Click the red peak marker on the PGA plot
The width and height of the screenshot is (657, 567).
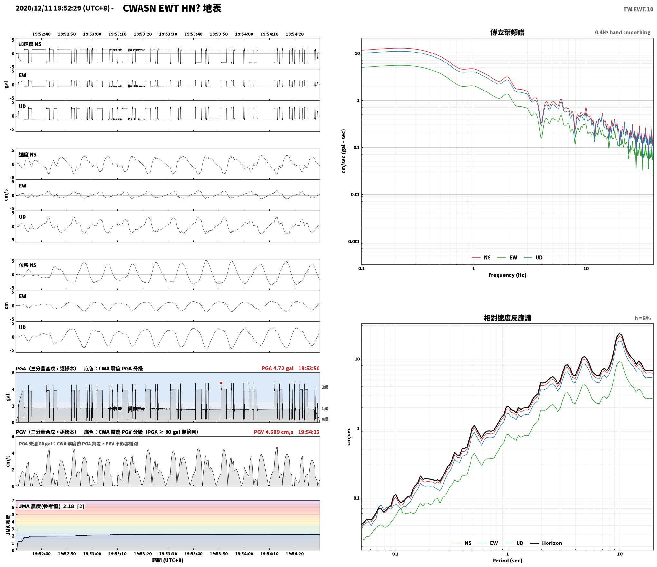221,383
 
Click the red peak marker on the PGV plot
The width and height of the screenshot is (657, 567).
277,448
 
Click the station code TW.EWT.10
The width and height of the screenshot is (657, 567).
638,9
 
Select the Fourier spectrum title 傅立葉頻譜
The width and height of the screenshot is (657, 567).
507,33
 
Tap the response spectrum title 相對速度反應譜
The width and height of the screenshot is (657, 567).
507,318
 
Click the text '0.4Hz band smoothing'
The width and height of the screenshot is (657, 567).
623,33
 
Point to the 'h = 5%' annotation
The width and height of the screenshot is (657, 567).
643,318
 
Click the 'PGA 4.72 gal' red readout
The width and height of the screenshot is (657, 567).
278,368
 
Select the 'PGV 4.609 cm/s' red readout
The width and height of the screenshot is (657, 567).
273,432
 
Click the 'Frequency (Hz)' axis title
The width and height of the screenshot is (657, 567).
507,275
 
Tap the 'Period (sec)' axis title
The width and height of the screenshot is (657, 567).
507,561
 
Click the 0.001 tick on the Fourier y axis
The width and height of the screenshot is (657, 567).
354,242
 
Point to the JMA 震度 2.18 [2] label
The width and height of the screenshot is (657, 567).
52,506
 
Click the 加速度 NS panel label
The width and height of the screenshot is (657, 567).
30,44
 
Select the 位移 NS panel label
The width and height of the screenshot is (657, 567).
28,265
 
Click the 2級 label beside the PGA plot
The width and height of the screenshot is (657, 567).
325,387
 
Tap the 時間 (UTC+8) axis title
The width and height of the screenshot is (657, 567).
168,560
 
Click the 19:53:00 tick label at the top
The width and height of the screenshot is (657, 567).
92,34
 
